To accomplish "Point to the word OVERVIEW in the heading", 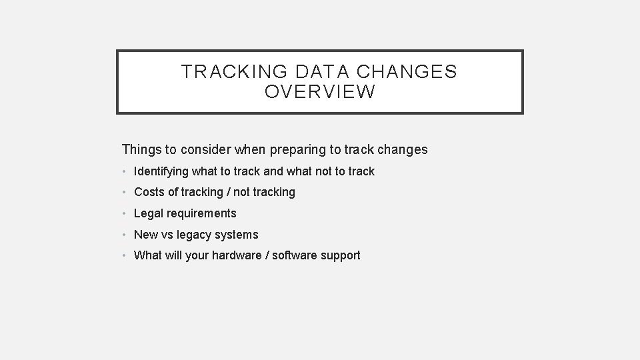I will point(320,92).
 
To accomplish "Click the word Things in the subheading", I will point(141,149).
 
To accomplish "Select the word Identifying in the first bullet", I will point(161,171).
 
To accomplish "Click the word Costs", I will point(149,192).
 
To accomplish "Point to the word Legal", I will point(149,213).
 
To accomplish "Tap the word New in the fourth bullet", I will point(146,235).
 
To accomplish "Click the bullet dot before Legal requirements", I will point(125,214).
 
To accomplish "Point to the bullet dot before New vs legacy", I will point(125,235).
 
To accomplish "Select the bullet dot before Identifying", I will point(125,171).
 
